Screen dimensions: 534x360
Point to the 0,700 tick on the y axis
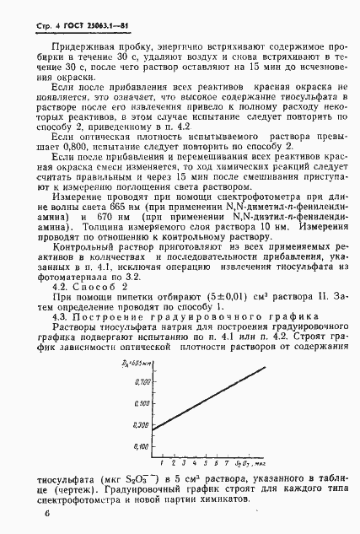[141, 358]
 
